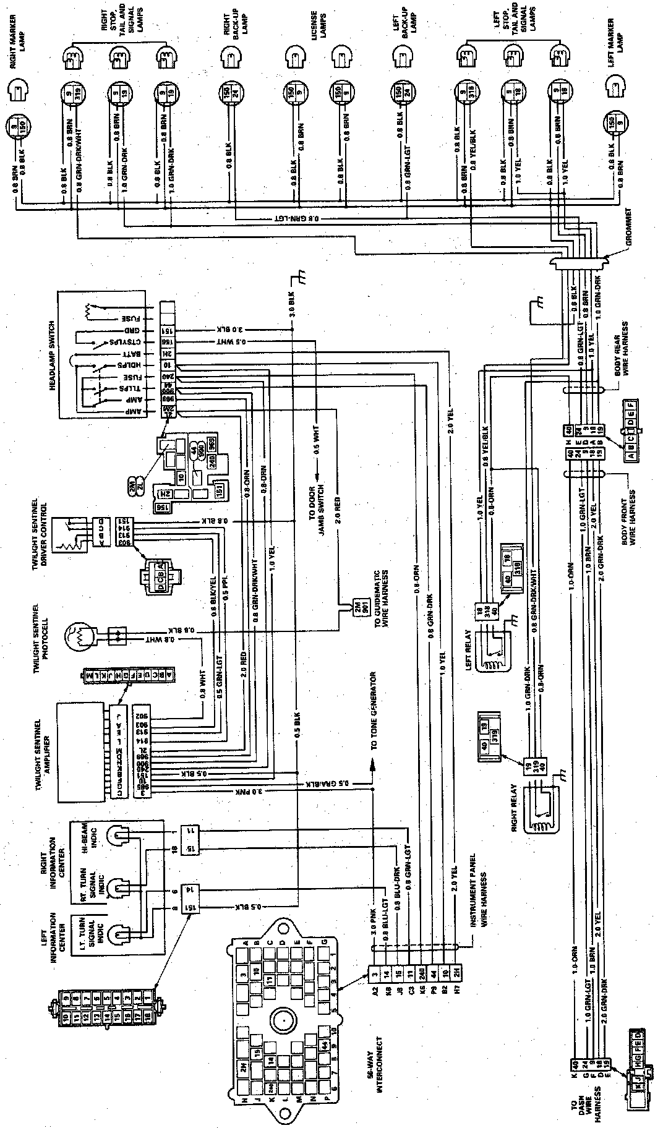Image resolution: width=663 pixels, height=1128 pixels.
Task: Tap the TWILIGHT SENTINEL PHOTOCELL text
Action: click(x=42, y=637)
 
